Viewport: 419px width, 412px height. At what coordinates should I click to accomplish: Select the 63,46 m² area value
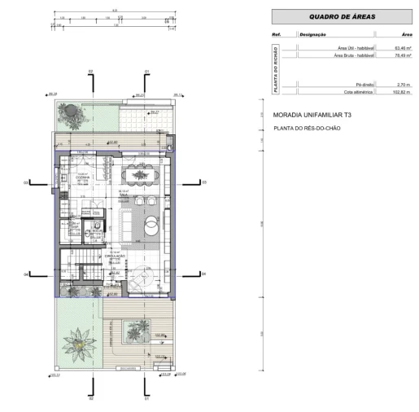point(402,49)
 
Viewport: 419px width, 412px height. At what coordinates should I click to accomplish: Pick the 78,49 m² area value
point(402,55)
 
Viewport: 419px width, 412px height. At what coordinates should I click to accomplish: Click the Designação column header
point(313,35)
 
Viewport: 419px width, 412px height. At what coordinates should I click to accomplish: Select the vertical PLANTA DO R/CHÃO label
point(276,69)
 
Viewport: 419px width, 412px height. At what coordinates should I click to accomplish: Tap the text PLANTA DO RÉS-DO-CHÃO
point(308,129)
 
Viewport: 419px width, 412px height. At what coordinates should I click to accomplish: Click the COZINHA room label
point(81,177)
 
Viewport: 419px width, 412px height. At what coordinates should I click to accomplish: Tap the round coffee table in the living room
point(151,226)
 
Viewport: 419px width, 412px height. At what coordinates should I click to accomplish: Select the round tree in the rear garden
point(72,112)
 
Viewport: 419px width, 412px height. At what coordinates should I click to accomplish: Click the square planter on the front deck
point(134,330)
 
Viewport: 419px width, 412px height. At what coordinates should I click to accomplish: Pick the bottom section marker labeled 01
point(146,399)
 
